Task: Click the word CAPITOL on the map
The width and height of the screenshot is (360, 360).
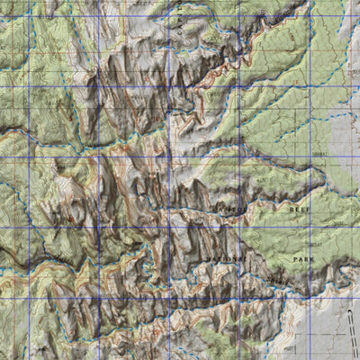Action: (x=228, y=209)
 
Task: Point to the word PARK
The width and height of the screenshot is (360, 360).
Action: (x=302, y=258)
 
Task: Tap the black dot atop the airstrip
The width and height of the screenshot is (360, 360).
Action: (x=348, y=312)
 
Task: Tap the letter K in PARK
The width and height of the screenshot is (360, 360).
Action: (x=312, y=258)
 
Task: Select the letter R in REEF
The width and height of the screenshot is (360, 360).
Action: (x=289, y=208)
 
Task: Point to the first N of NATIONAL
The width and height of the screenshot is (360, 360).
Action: (x=208, y=259)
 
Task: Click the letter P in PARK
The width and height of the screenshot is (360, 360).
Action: (x=293, y=258)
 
